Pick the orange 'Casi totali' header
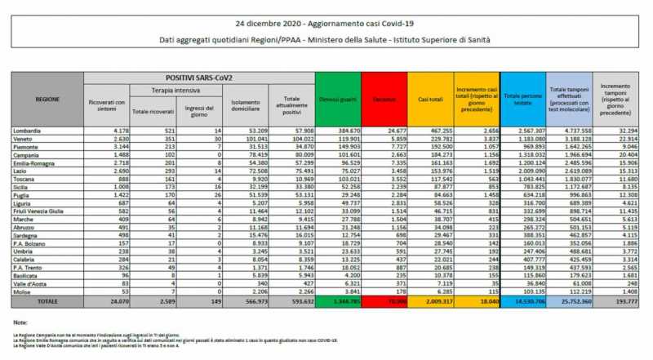(x=430, y=98)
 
